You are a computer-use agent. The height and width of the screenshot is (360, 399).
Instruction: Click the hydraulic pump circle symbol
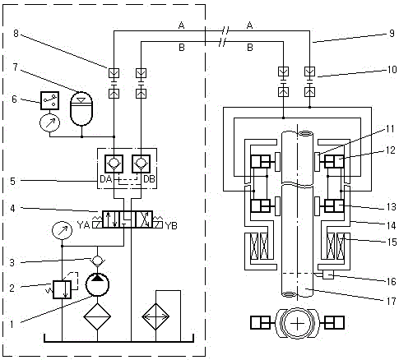click(97, 284)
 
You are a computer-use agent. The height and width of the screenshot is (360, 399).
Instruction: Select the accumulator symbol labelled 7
click(81, 108)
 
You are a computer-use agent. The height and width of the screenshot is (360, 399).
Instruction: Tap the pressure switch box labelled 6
click(49, 100)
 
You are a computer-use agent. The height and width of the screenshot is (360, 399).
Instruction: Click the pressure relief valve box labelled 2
click(62, 289)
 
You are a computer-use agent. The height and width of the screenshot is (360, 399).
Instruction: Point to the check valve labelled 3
click(97, 261)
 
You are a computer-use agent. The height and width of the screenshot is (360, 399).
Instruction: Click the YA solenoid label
click(83, 225)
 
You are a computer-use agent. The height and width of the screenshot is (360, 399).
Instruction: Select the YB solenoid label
click(171, 225)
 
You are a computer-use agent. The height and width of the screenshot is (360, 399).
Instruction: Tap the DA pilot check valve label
click(106, 179)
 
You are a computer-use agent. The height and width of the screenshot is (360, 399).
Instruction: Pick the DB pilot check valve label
click(149, 179)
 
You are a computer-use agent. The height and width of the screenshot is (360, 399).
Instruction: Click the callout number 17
click(392, 301)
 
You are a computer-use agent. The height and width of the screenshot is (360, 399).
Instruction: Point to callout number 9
click(392, 34)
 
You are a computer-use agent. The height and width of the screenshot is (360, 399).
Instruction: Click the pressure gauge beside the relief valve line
click(62, 231)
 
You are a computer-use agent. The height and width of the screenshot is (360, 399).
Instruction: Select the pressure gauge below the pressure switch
click(49, 123)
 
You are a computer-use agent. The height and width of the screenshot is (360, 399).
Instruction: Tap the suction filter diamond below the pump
click(97, 316)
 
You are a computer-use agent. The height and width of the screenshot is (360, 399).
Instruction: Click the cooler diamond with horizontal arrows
click(155, 316)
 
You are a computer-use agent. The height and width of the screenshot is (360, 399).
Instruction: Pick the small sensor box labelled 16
click(328, 275)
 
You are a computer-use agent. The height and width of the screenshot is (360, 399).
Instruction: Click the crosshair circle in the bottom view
click(298, 324)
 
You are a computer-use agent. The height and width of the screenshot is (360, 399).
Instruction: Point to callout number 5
click(12, 181)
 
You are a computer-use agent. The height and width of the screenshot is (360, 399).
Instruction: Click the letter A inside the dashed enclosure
click(181, 25)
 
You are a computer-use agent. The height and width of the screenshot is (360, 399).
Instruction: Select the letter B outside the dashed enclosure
click(250, 48)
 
